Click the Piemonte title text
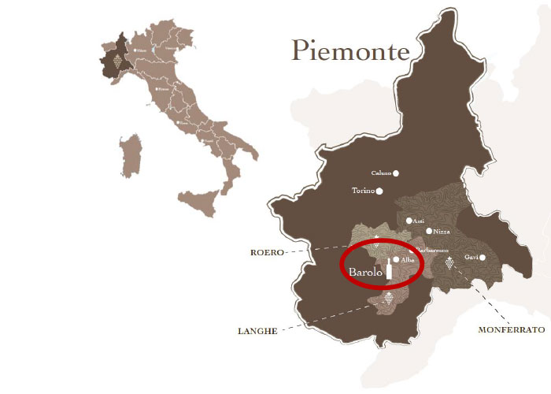pos(350,51)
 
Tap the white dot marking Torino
pos(379,191)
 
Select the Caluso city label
pos(381,173)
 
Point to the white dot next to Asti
pos(409,221)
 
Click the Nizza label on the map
pos(442,231)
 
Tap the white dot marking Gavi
pos(483,257)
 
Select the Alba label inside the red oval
pos(408,259)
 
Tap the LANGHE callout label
pos(257,331)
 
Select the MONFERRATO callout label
pos(511,330)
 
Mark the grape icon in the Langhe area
pos(388,299)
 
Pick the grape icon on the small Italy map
pos(118,59)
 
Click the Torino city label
pos(363,191)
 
